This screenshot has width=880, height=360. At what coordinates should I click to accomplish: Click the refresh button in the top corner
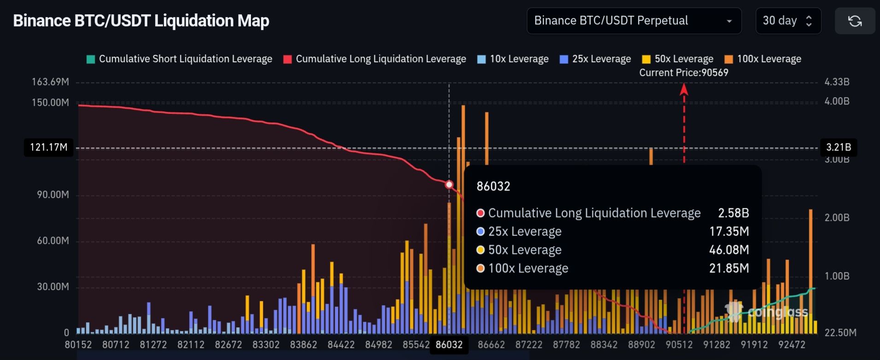(855, 21)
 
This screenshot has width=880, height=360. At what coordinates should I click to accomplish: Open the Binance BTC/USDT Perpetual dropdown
(634, 21)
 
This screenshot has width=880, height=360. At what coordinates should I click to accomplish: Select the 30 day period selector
(788, 21)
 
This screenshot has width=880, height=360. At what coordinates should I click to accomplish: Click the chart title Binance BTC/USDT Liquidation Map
(141, 21)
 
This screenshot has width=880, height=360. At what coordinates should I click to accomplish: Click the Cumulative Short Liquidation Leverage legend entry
(180, 59)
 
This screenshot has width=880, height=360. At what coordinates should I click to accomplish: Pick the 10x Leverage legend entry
(513, 59)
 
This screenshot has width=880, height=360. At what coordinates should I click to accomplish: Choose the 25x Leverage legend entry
(595, 59)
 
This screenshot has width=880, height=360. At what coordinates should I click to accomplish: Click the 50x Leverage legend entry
(678, 59)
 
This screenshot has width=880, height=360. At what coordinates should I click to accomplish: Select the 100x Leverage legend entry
(763, 59)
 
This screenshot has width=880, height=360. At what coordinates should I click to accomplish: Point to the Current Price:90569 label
(683, 73)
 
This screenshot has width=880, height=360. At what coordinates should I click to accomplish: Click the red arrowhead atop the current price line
(684, 89)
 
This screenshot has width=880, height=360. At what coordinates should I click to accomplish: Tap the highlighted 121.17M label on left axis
(48, 147)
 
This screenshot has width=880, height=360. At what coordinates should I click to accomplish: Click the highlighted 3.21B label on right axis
(838, 147)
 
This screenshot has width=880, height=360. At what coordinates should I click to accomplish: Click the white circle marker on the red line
(449, 185)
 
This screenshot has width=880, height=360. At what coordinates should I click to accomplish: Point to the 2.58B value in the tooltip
(733, 213)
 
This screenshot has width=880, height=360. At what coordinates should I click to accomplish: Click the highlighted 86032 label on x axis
(449, 345)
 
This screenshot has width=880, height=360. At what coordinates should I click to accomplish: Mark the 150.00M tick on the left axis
(50, 102)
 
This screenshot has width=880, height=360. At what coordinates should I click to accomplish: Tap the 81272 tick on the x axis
(153, 345)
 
